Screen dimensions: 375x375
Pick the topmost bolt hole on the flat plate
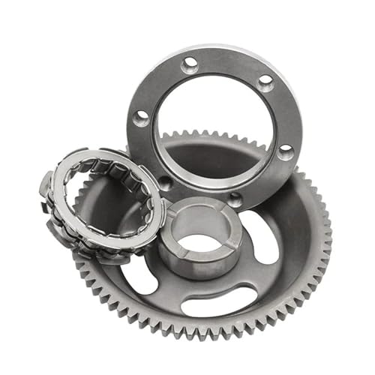[190, 64]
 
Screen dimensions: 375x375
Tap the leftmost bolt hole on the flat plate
[140, 118]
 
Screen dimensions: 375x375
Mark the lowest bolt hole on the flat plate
[235, 199]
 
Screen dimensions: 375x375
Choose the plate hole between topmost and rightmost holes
[265, 82]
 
